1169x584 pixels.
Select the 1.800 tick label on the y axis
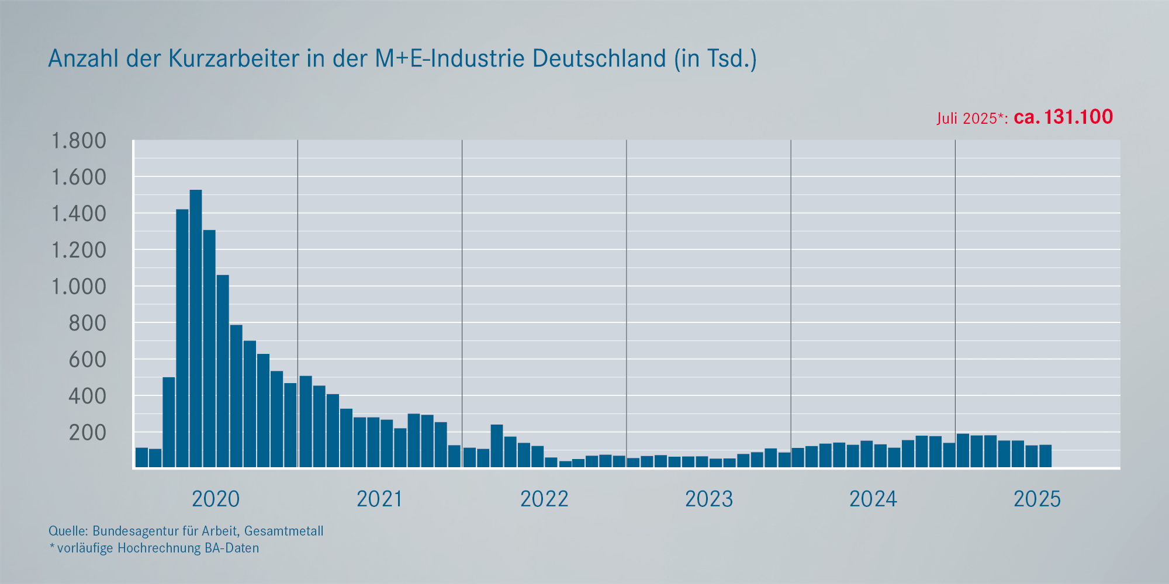pyautogui.click(x=79, y=141)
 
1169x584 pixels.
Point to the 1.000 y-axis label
pyautogui.click(x=79, y=287)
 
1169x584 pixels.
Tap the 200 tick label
pyautogui.click(x=88, y=433)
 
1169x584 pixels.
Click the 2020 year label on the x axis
pyautogui.click(x=216, y=499)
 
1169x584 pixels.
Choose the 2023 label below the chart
pyautogui.click(x=708, y=499)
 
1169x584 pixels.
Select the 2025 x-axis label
pyautogui.click(x=1037, y=499)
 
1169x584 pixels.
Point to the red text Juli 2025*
pyautogui.click(x=971, y=119)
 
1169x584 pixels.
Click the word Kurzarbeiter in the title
pyautogui.click(x=234, y=58)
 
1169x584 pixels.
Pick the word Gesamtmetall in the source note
pyautogui.click(x=283, y=531)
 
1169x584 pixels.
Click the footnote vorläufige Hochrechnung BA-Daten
pyautogui.click(x=158, y=548)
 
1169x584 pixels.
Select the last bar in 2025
pyautogui.click(x=1045, y=456)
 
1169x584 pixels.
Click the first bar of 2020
pyautogui.click(x=141, y=457)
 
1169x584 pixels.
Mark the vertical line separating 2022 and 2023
pyautogui.click(x=627, y=304)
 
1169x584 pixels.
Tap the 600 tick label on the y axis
pyautogui.click(x=88, y=360)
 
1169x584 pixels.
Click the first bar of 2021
pyautogui.click(x=306, y=421)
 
